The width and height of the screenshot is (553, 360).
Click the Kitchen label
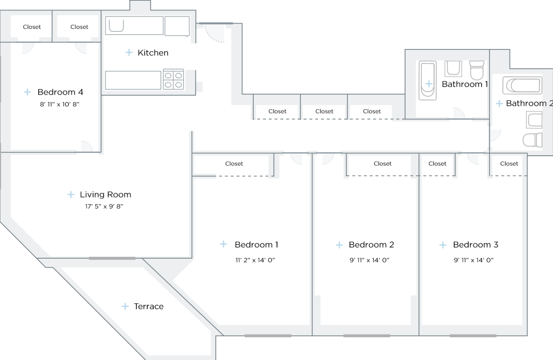pyautogui.click(x=153, y=53)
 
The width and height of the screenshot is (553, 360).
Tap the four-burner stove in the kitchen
pyautogui.click(x=173, y=80)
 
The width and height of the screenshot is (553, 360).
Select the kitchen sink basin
pyautogui.click(x=116, y=25)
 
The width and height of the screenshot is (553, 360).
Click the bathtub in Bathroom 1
pyautogui.click(x=428, y=80)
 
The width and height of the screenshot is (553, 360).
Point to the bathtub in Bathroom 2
pyautogui.click(x=522, y=86)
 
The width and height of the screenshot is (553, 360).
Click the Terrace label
pyautogui.click(x=149, y=306)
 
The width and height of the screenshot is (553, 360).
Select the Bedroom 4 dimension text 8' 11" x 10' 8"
pyautogui.click(x=60, y=104)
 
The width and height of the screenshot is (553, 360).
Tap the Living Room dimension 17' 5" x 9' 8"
pyautogui.click(x=104, y=206)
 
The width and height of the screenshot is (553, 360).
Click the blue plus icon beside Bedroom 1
pyautogui.click(x=223, y=244)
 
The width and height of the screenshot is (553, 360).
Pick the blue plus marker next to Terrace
pyautogui.click(x=125, y=306)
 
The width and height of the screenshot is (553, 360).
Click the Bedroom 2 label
pyautogui.click(x=371, y=245)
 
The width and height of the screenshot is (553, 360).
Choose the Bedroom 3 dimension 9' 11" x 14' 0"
pyautogui.click(x=473, y=260)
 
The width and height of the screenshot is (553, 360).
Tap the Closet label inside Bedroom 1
pyautogui.click(x=234, y=164)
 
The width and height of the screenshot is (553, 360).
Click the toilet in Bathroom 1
pyautogui.click(x=477, y=70)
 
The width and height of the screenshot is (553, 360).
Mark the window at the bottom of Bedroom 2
pyautogui.click(x=366, y=336)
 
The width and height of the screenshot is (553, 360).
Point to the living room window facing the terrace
pyautogui.click(x=112, y=258)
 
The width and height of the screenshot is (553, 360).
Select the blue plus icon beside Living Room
pyautogui.click(x=71, y=194)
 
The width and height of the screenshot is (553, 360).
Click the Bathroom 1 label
pyautogui.click(x=465, y=84)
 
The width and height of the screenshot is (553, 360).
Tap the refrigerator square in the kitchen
pyautogui.click(x=177, y=26)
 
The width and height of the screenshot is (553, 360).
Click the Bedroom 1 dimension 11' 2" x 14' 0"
pyautogui.click(x=255, y=260)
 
